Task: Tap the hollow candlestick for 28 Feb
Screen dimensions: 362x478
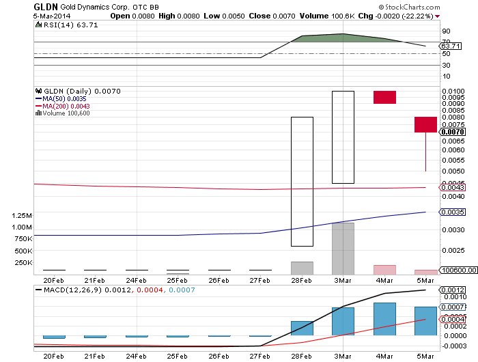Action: click(302, 181)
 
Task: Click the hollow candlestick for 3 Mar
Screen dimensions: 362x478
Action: click(343, 137)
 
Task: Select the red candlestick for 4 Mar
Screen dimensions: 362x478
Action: click(384, 97)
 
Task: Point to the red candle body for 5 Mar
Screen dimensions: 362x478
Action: click(425, 124)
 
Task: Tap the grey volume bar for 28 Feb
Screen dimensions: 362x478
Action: click(302, 268)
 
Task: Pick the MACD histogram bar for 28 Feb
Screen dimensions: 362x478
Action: click(302, 329)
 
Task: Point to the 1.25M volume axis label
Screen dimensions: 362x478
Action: click(22, 215)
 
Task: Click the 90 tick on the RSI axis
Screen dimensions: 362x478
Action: click(445, 31)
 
